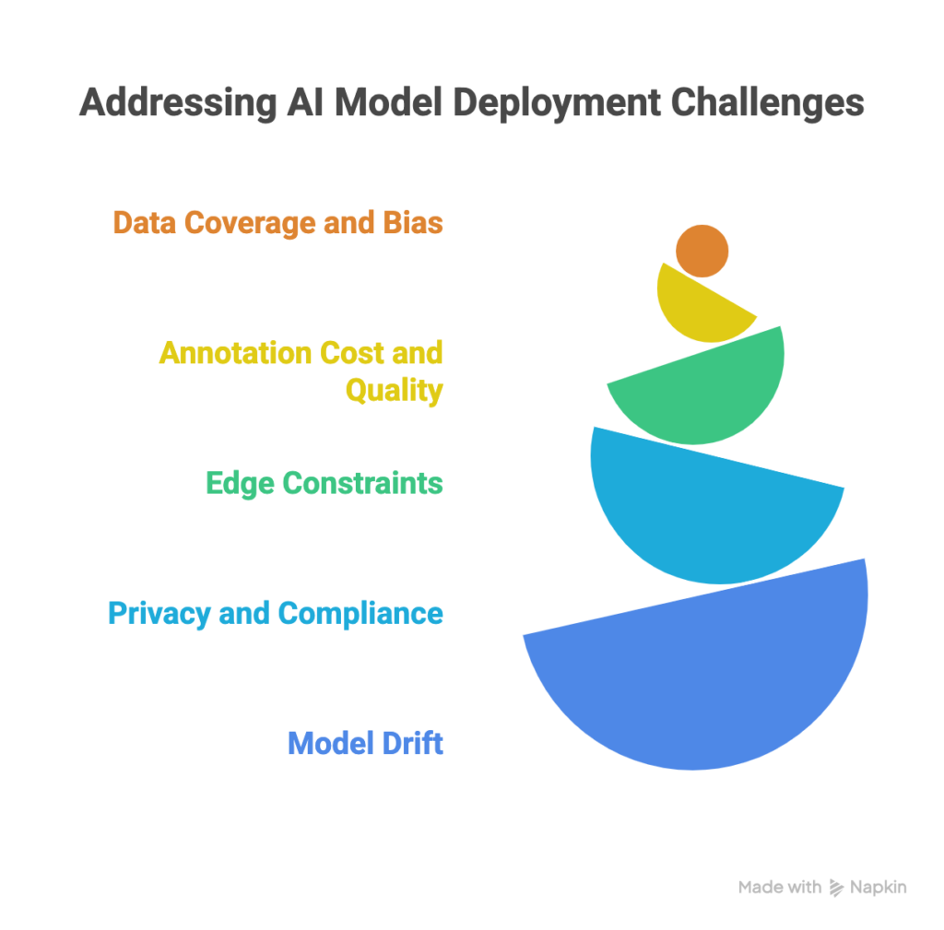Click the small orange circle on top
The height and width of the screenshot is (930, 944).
pyautogui.click(x=702, y=251)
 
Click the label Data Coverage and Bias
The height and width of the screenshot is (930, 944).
pyautogui.click(x=277, y=223)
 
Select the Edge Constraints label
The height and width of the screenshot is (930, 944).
pyautogui.click(x=324, y=483)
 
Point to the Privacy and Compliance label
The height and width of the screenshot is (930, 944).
pyautogui.click(x=276, y=613)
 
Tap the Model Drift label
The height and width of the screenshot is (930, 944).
pyautogui.click(x=365, y=743)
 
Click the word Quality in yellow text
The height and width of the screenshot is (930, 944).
pyautogui.click(x=394, y=390)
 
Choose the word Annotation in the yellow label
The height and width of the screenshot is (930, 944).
pyautogui.click(x=235, y=353)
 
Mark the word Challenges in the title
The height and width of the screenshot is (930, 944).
pyautogui.click(x=767, y=103)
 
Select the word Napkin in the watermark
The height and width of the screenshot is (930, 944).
pyautogui.click(x=879, y=888)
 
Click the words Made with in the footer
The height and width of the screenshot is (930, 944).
pyautogui.click(x=779, y=888)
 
